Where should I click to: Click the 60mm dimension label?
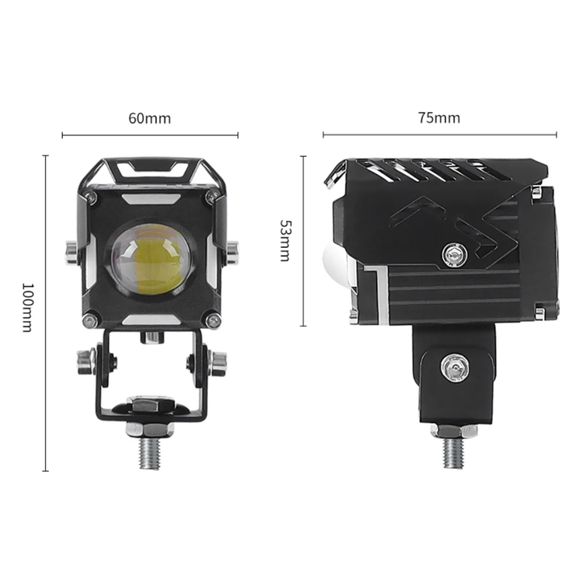pyautogui.click(x=149, y=118)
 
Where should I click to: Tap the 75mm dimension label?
pyautogui.click(x=439, y=117)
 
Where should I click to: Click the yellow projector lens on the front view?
pyautogui.click(x=152, y=259)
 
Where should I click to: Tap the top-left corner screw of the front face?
pyautogui.click(x=89, y=197)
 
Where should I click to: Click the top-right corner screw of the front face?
pyautogui.click(x=214, y=197)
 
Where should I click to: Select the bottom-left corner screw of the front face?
pyautogui.click(x=89, y=320)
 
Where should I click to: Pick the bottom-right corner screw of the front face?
pyautogui.click(x=214, y=320)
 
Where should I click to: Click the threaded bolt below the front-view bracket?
pyautogui.click(x=150, y=452)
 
